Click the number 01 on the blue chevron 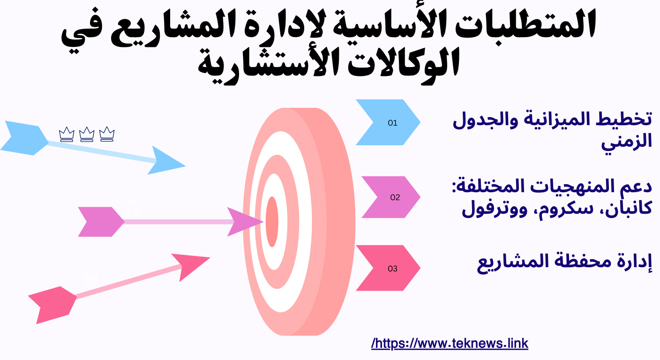pos(392,123)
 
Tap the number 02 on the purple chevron pos(395,197)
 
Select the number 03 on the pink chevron pos(392,269)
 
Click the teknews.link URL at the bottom pos(450,344)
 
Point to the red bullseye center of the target pos(272,221)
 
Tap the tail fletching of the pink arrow pos(52,304)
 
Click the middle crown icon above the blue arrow pos(87,135)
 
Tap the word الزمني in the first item pos(627,141)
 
